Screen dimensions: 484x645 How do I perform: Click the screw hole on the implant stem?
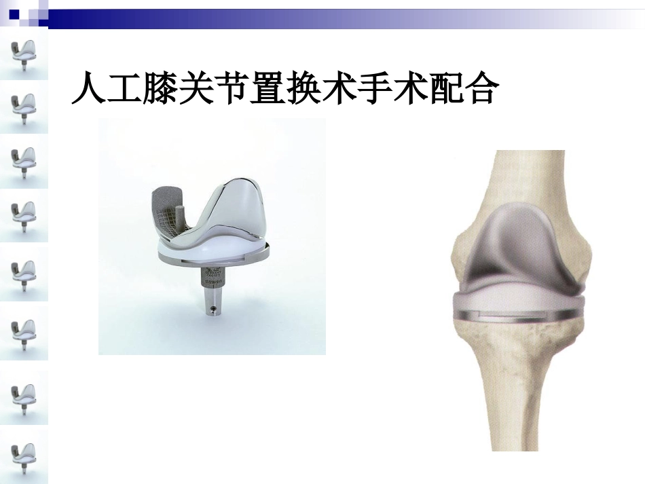pos(214,310)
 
